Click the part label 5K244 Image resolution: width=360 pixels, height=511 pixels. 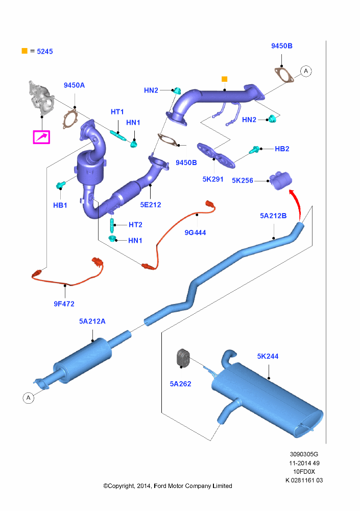268,356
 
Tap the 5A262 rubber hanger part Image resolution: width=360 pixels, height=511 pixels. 183,358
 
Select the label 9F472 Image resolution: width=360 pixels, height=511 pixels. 64,304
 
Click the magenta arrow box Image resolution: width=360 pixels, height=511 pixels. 42,137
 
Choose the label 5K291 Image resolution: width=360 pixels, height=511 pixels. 213,179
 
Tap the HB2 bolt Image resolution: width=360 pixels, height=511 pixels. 254,150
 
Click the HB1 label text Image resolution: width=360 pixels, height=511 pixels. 60,205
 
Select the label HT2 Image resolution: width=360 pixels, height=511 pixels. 135,224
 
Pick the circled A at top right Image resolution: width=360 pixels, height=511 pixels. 305,71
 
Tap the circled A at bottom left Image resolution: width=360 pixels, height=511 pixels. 28,397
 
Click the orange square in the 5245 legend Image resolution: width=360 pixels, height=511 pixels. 24,51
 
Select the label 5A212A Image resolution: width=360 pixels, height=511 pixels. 92,321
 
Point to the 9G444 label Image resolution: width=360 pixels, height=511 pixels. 195,232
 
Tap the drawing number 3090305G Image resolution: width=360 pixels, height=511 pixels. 304,454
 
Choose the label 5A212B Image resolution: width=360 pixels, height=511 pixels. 273,216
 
